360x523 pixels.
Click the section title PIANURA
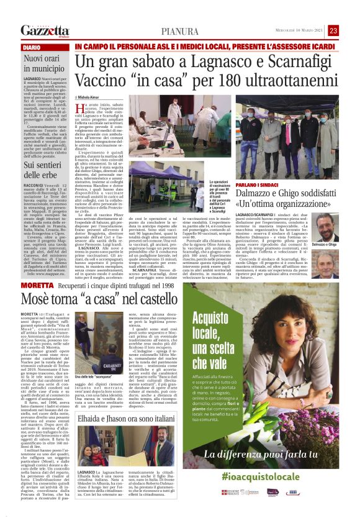pos(180,31)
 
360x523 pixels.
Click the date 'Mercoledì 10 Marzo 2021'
pos(299,31)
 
